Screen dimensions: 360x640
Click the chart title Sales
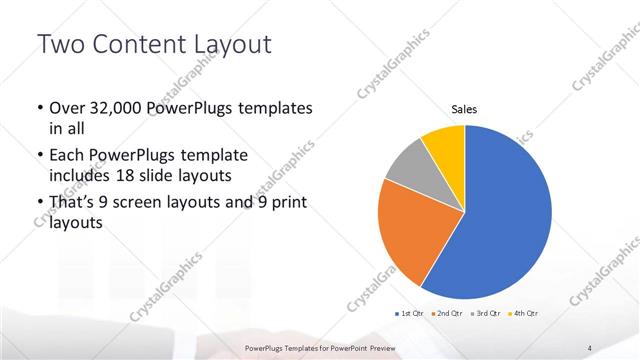tap(465, 109)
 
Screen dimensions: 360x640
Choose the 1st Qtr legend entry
tap(410, 313)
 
